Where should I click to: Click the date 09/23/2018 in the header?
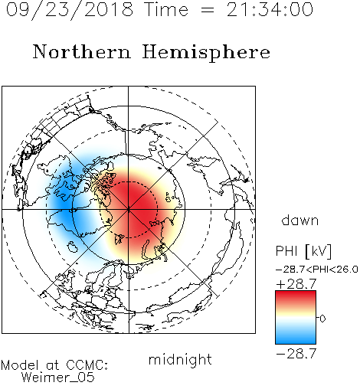coord(70,10)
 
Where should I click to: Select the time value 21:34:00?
coord(270,10)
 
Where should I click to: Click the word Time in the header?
coord(166,10)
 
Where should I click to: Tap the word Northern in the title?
coord(82,51)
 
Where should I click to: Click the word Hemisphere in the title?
coord(206,53)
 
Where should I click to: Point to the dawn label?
coord(300,221)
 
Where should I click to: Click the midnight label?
coord(180,359)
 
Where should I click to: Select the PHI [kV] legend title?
coord(303,251)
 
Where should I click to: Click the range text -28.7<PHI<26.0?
coord(317,270)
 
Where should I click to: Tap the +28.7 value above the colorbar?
coord(296,284)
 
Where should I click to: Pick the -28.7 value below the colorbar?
coord(296,354)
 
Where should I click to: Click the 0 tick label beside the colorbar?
coord(322,319)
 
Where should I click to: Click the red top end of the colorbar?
coord(296,293)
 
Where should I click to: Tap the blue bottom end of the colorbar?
coord(296,342)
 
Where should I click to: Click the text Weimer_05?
coord(58,378)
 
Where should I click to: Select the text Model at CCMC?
coord(54,365)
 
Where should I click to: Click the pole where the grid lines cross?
coord(129,210)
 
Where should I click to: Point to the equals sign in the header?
coord(208,10)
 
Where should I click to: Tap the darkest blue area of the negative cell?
coord(64,201)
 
